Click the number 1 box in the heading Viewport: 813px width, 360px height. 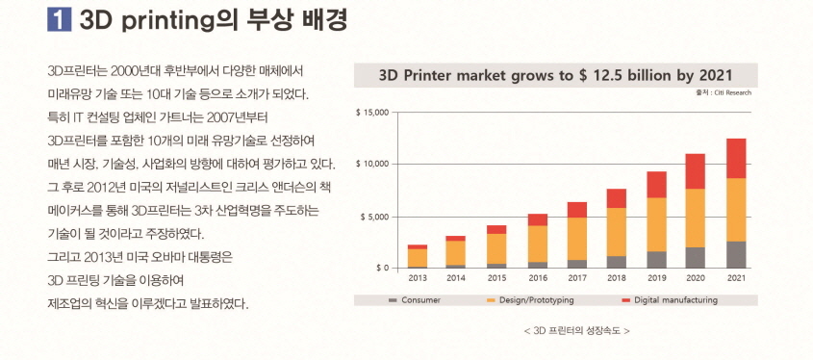coord(60,20)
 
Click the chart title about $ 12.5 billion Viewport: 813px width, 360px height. coord(555,75)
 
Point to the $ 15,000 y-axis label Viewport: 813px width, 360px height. coord(370,113)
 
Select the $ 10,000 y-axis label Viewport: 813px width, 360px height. coord(370,165)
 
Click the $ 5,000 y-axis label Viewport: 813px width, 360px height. coord(373,217)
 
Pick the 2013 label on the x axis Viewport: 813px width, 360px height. coord(418,278)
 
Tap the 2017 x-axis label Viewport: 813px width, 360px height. coord(576,278)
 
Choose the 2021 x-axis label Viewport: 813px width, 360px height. coord(736,278)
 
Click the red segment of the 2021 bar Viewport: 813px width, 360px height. coord(736,158)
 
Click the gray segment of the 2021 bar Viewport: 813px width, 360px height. coord(736,254)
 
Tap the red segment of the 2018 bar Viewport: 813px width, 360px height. coord(617,198)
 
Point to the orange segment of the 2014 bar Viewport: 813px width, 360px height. coord(457,252)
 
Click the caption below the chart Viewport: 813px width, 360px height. coord(576,330)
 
